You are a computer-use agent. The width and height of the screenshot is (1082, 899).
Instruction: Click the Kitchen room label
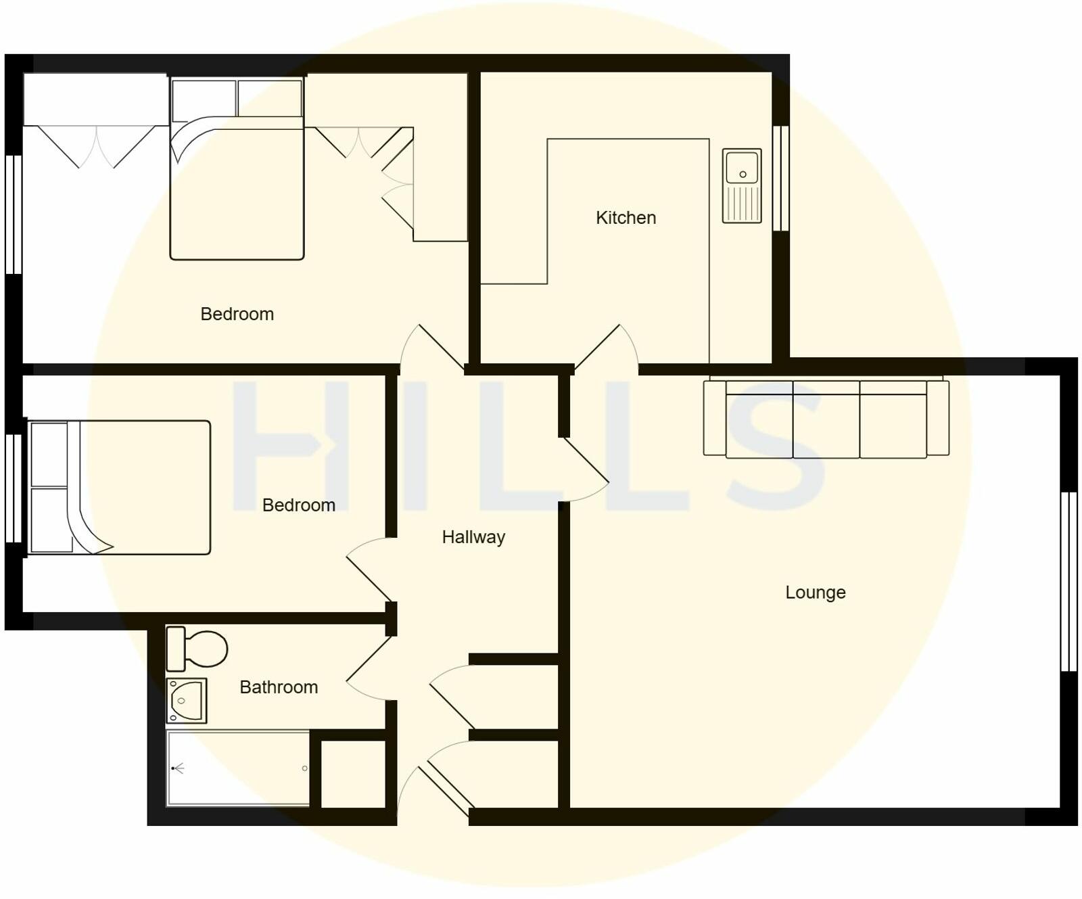coord(626,218)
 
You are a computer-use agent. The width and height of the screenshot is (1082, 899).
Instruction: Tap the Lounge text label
coord(815,593)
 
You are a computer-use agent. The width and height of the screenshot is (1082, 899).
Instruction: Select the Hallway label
coord(473,537)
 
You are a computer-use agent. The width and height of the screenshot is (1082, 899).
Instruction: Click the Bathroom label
coord(279,687)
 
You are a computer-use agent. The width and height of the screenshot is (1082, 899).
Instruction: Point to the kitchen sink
coord(742,186)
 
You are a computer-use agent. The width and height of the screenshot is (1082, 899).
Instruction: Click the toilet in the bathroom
coord(197,649)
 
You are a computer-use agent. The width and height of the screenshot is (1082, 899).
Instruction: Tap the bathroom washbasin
coord(186,701)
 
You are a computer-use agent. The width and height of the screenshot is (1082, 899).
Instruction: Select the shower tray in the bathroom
coord(238,768)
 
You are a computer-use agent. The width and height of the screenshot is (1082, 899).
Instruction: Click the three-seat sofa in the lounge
coord(826,419)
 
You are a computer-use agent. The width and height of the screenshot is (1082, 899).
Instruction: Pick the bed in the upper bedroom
coord(237,169)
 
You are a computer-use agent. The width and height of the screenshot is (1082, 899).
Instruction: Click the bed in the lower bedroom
coord(119,487)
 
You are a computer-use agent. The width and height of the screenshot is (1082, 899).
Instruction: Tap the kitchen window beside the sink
coord(781,179)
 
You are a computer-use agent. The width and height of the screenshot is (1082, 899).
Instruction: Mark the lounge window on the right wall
coord(1068,581)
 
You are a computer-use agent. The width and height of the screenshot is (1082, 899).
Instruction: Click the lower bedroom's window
coord(14,488)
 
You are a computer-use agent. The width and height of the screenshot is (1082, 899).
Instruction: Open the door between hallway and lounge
coord(585,470)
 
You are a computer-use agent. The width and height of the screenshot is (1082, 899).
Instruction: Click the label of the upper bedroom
coord(237,314)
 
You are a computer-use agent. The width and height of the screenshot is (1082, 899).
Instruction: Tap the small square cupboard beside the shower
coord(353,774)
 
